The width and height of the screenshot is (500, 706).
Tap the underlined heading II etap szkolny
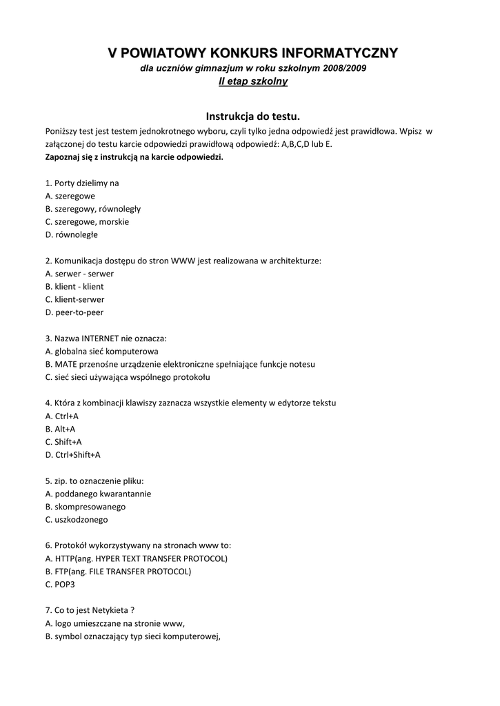(252, 81)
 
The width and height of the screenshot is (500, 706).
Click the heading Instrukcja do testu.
(253, 117)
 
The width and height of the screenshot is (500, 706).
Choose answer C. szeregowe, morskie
(87, 221)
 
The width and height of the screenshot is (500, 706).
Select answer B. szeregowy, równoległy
(92, 208)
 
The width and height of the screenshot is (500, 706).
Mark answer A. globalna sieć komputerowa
(101, 351)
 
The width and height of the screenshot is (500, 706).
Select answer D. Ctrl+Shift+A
(72, 454)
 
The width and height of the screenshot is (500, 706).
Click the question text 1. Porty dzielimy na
(82, 183)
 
